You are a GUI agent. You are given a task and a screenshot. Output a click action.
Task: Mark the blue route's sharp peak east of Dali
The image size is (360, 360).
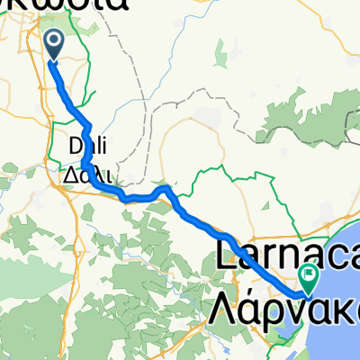point(166,188)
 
